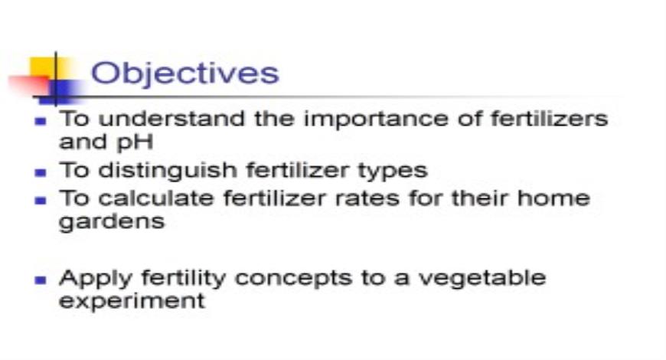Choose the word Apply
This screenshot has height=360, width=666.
(x=90, y=277)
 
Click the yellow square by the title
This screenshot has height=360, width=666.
(x=42, y=67)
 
